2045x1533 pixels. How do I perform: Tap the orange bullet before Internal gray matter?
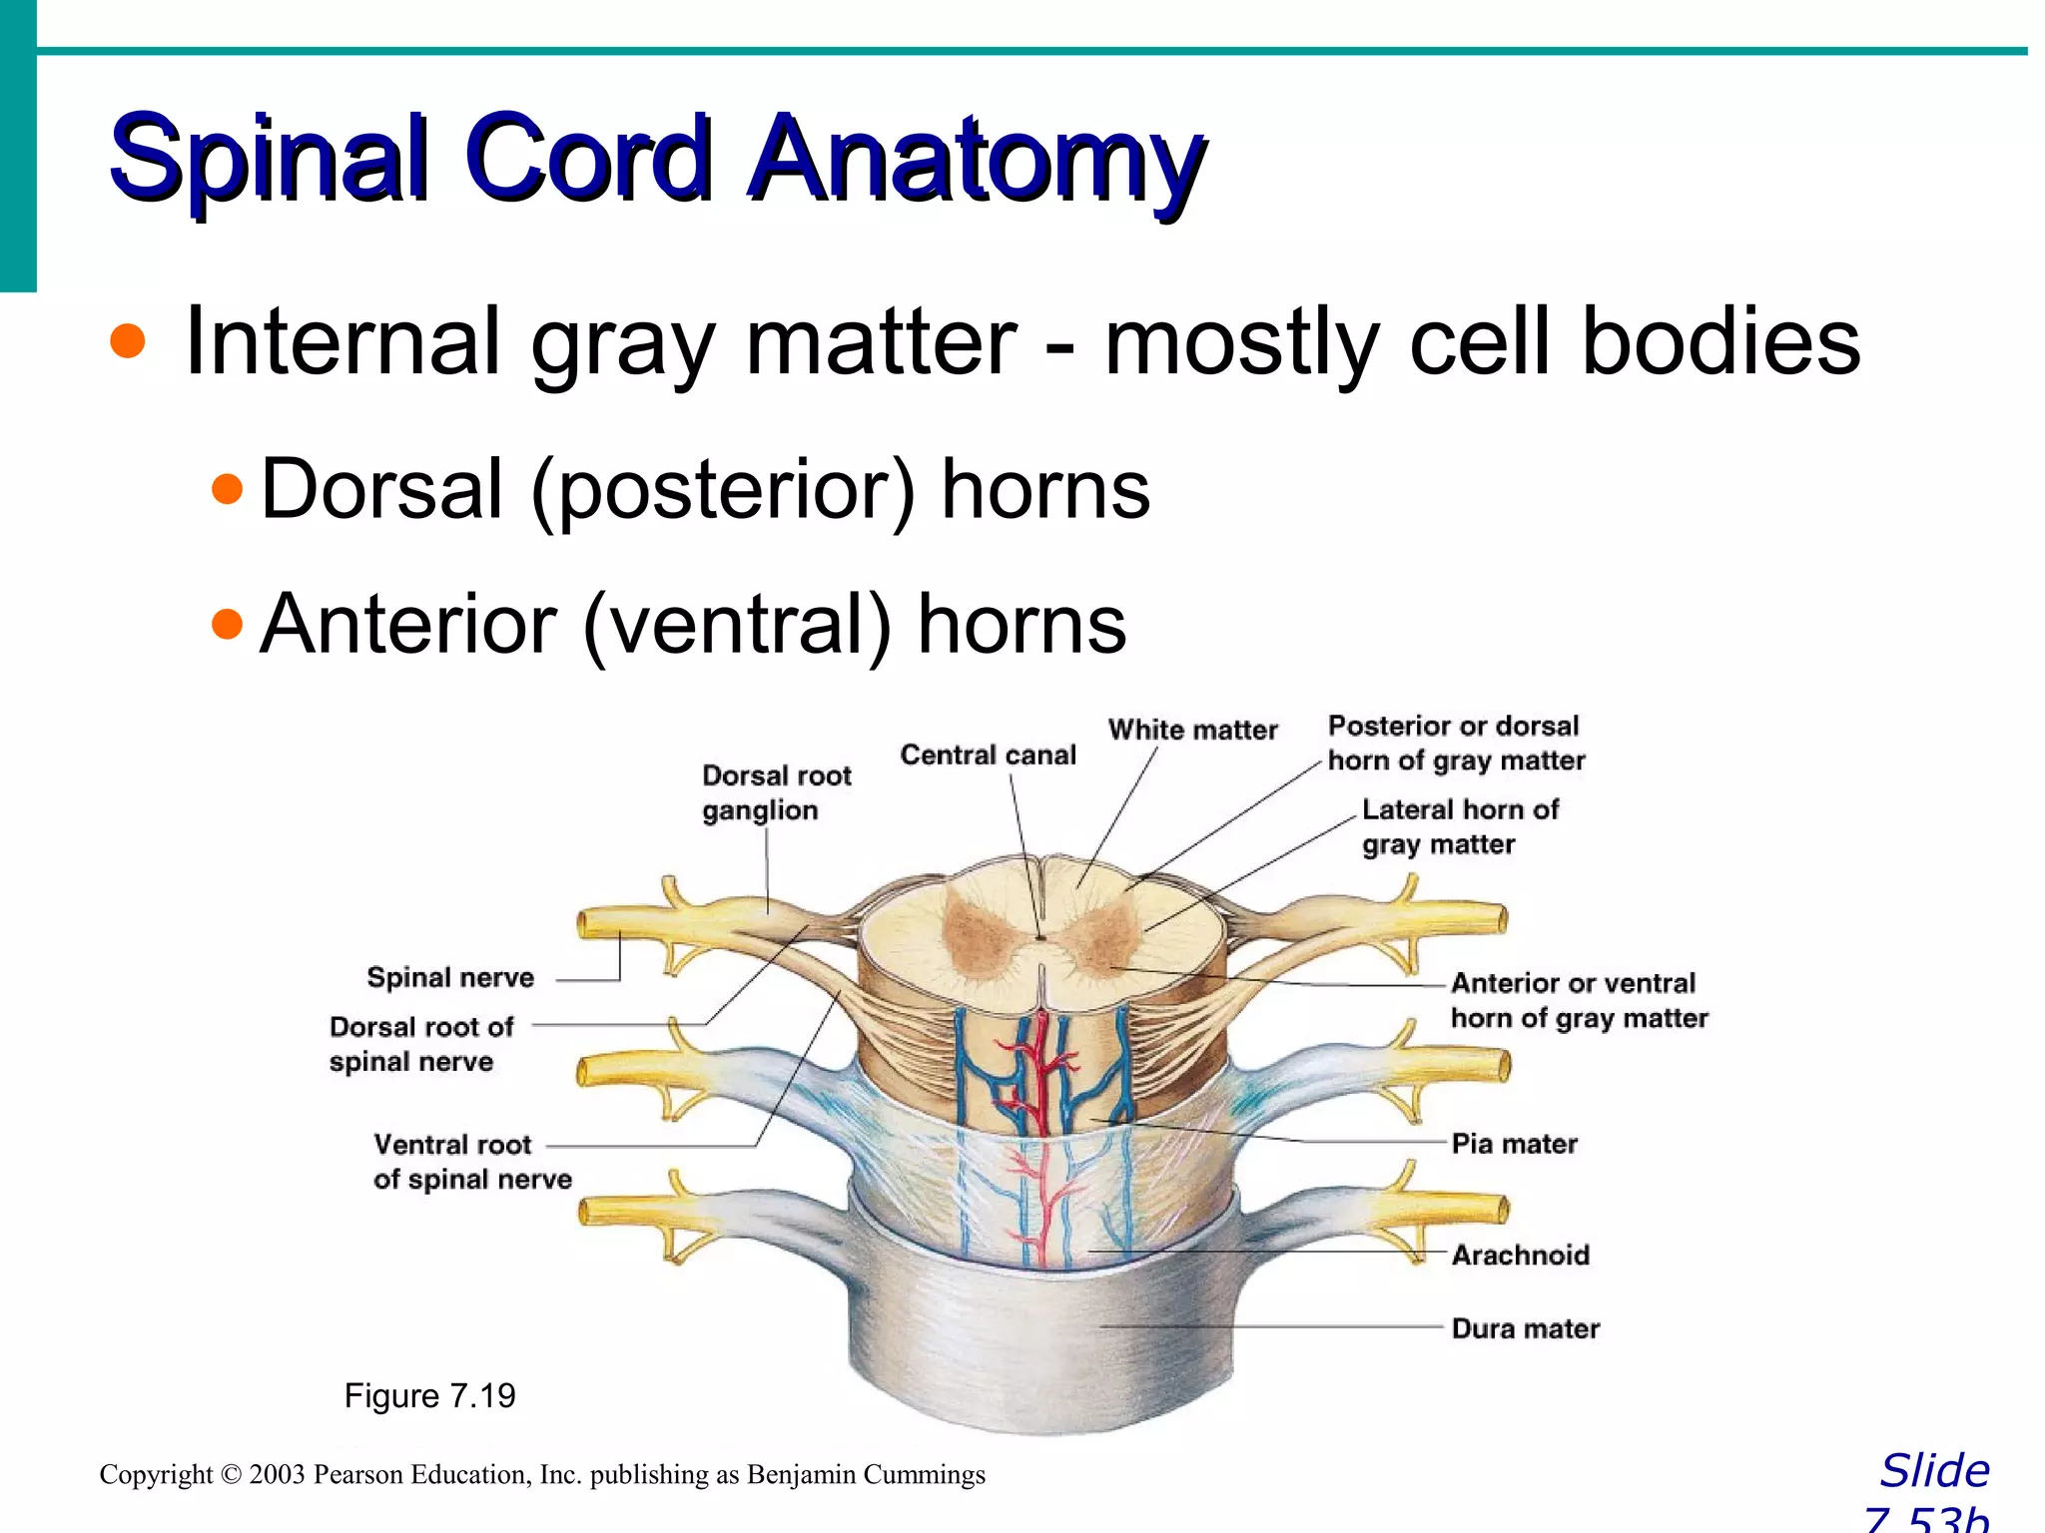pos(128,341)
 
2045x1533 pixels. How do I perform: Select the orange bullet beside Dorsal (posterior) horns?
pos(228,489)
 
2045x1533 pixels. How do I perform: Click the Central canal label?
pos(988,756)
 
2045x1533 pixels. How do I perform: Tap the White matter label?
pos(1192,731)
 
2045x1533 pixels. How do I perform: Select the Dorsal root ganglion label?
pos(775,792)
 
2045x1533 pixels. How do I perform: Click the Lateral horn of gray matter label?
pos(1459,826)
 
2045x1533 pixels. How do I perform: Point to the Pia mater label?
pos(1514,1144)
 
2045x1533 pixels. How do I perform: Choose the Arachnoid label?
pos(1520,1256)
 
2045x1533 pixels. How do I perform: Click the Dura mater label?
pos(1525,1329)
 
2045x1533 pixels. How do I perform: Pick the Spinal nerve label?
pos(450,978)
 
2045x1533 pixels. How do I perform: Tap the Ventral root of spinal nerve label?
pos(471,1162)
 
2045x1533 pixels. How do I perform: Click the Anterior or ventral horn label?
pos(1578,1001)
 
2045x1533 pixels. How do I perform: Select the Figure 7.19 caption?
pos(429,1395)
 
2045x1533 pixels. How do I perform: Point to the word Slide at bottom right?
pos(1934,1471)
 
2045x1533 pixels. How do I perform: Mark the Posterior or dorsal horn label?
pos(1455,744)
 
